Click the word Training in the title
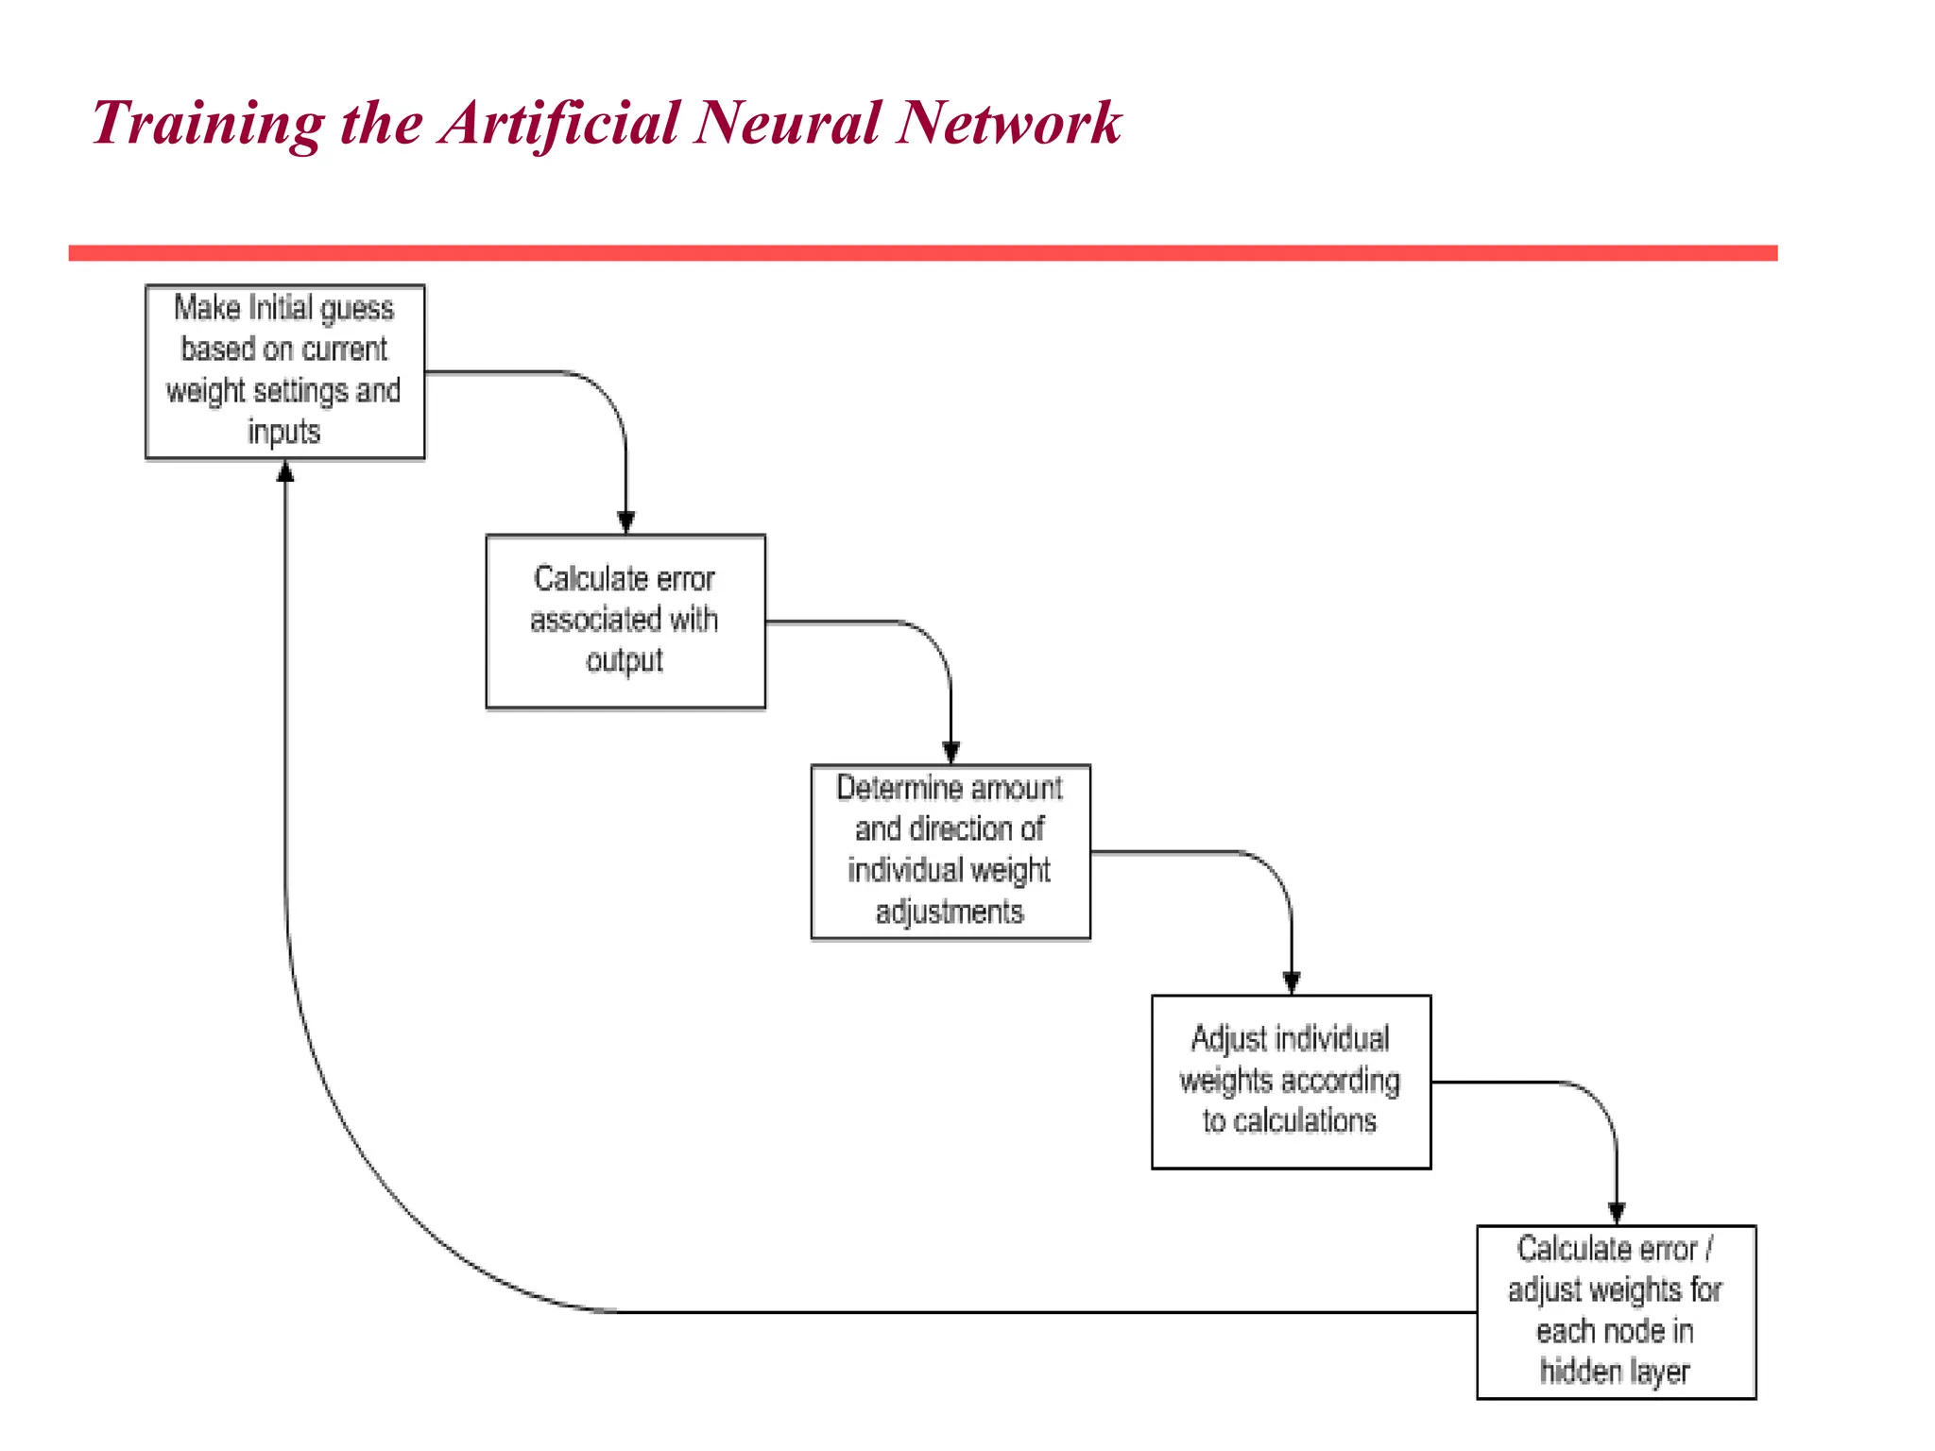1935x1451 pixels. pos(208,124)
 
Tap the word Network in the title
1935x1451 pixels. pos(1008,124)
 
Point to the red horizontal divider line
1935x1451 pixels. pos(922,253)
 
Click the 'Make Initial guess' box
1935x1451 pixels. pos(284,371)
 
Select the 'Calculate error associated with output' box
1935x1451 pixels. pos(625,621)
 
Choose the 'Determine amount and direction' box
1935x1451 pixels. pos(950,851)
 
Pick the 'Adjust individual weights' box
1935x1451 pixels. pos(1290,1082)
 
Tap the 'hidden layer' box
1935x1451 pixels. pos(1615,1311)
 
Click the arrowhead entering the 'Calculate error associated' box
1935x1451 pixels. pos(625,522)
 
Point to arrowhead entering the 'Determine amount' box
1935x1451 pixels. pos(950,753)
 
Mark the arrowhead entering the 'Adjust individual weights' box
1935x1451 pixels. pos(1291,982)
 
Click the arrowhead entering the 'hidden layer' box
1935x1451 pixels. pos(1616,1213)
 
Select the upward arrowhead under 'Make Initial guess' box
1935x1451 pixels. pos(285,472)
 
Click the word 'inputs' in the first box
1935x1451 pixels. pos(283,432)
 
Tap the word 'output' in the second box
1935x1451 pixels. pos(625,660)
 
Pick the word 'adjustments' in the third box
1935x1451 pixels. pos(949,912)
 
